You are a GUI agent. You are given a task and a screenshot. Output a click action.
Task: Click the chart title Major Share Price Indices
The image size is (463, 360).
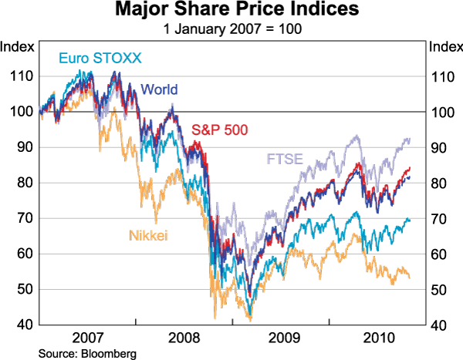pos(231,11)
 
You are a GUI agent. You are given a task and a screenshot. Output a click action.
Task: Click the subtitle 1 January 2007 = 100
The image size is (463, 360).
pos(231,29)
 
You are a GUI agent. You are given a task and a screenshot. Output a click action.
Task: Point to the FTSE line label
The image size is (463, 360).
pos(285,160)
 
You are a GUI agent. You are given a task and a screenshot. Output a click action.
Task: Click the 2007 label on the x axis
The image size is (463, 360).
pos(87,337)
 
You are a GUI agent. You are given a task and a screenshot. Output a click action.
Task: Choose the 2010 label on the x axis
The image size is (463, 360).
pos(378,337)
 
